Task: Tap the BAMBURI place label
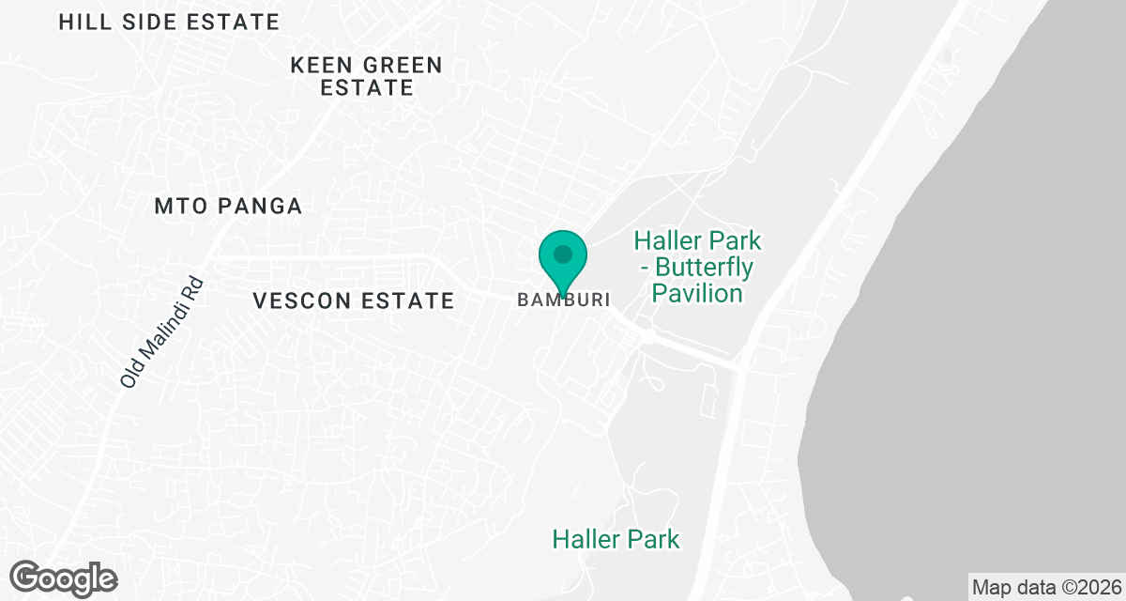tap(564, 300)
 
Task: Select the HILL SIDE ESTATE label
tap(169, 23)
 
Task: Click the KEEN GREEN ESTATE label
tap(366, 77)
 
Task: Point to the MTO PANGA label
tap(228, 207)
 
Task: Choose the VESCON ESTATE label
tap(354, 301)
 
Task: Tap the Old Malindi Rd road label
tap(161, 331)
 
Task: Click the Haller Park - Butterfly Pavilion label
tap(698, 268)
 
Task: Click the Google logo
tap(64, 578)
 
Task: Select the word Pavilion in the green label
tap(697, 293)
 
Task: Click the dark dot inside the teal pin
tap(563, 254)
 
